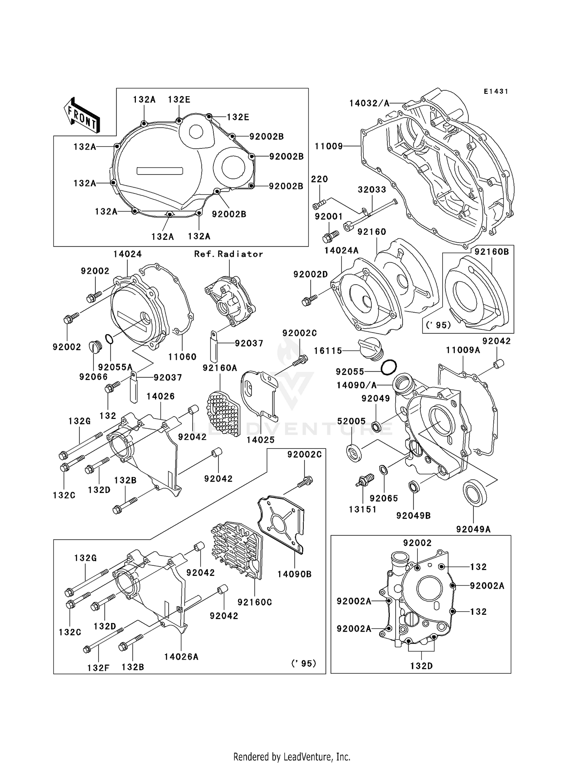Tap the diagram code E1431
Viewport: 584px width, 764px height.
point(496,92)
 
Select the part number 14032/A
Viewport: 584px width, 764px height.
point(369,103)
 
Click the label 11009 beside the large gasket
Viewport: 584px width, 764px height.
point(329,146)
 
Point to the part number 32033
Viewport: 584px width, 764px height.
point(372,190)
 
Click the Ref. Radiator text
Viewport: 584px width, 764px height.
point(229,254)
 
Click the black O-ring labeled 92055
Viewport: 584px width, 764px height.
point(389,367)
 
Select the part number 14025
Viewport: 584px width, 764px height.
point(260,440)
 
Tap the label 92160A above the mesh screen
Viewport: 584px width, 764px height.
point(220,368)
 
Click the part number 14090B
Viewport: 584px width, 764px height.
point(294,574)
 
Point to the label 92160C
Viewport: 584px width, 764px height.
point(255,602)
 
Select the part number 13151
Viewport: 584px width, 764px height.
point(362,509)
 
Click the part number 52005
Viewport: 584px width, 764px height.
point(351,421)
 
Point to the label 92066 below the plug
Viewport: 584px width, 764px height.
point(93,377)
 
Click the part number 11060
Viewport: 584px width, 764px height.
point(182,357)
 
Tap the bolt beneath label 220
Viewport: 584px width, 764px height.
point(318,204)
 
